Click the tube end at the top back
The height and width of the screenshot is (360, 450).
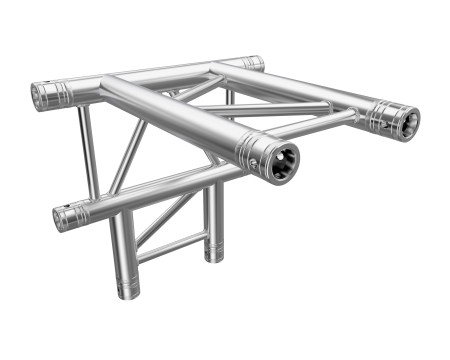[255, 63]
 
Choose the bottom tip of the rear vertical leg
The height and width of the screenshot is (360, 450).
[213, 256]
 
